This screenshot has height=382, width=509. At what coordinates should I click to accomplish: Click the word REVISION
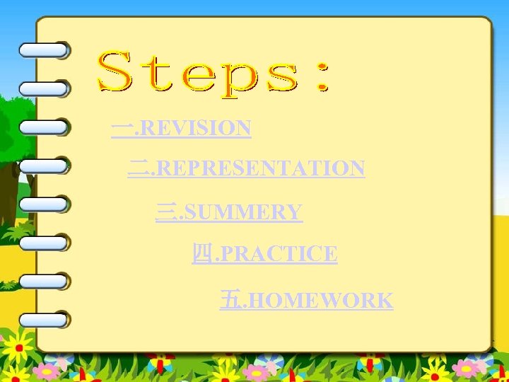[197, 128]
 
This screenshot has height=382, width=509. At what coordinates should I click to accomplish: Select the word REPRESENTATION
[259, 168]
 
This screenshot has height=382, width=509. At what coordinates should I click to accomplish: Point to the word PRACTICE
[278, 253]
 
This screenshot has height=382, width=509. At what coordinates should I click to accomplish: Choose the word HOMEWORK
[322, 300]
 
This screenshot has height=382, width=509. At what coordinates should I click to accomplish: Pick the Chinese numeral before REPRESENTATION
[138, 168]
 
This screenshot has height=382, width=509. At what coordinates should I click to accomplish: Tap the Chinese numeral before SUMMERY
[165, 212]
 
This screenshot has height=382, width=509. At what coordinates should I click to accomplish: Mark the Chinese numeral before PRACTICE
[201, 253]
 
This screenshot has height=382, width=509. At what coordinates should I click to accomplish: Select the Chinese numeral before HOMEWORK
[229, 300]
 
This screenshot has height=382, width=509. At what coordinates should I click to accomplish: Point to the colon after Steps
[324, 75]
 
